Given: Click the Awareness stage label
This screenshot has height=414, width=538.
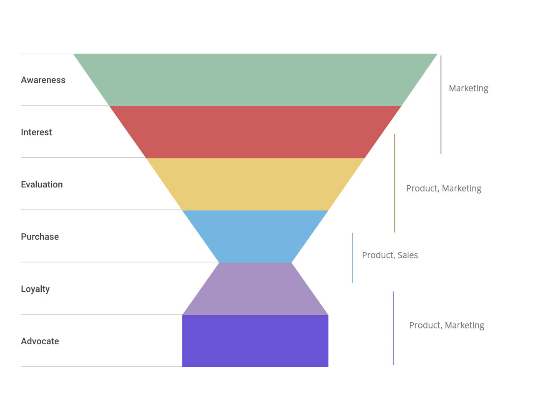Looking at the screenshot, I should pos(43,80).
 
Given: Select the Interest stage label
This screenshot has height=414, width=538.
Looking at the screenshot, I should pos(36,132).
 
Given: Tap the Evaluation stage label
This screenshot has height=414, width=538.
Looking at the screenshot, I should pos(42,184).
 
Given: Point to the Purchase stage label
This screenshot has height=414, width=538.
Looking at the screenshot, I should pos(40,237).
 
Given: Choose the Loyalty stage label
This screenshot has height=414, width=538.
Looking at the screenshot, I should pos(35,289).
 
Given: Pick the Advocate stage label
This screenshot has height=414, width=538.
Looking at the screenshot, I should pos(40,341).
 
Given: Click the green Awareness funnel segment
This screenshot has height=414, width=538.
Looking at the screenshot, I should pos(255,80).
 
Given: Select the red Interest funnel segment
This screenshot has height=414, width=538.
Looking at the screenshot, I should pos(255,132).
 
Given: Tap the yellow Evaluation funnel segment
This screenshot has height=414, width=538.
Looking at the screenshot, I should pos(255,184).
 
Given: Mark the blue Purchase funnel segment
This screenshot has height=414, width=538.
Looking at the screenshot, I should pos(255,236).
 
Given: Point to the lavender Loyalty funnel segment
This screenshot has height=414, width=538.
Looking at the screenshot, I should pos(255,289).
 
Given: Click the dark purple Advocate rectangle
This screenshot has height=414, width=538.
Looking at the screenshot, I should pos(255,341).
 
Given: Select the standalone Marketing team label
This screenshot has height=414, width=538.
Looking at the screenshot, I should pos(468,88).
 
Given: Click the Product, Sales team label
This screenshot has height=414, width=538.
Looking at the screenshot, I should pos(390,255).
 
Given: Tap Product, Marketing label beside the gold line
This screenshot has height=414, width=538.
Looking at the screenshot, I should pos(443,188).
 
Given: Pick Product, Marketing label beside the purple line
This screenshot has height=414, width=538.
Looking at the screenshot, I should pos(446,325).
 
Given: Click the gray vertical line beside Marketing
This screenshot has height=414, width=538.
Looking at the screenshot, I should pos(441,104).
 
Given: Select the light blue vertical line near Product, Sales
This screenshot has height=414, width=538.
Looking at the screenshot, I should pos(352,257).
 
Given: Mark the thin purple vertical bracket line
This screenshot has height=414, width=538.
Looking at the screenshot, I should pos(393,328).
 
